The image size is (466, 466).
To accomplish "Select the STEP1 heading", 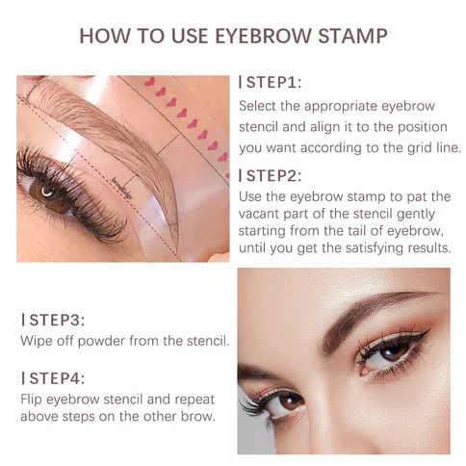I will pos(272,83).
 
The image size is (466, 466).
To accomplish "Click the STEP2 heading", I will pos(272,175).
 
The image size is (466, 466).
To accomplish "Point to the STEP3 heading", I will pos(55,320).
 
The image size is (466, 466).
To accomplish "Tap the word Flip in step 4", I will pos(34,400).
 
